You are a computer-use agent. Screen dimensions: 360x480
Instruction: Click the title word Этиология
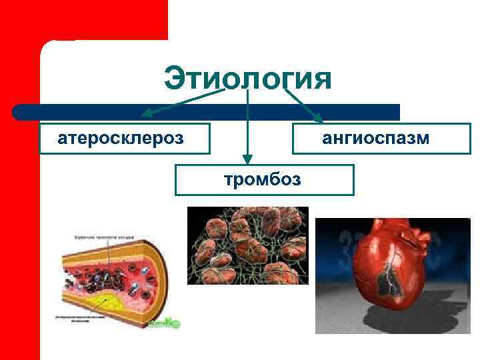tap(247, 78)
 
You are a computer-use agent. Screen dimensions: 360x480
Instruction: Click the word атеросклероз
tap(121, 139)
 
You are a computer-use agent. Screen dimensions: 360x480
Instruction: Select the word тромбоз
tap(263, 179)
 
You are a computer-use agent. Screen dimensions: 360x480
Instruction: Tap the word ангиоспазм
tap(376, 139)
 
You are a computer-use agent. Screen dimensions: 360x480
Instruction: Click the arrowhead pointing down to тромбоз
tap(247, 159)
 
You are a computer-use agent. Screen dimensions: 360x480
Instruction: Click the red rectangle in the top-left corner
tap(83, 20)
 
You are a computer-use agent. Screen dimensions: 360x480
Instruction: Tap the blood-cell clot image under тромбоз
tap(247, 245)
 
